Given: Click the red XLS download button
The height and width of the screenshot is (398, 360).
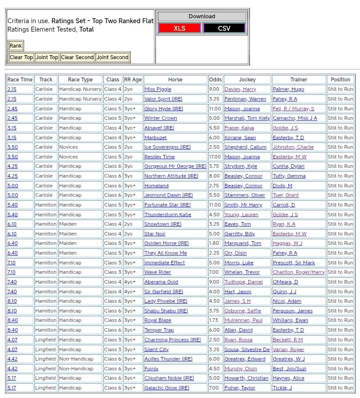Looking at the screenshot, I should click(179, 28).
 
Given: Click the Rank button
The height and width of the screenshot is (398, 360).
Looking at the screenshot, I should click(16, 45).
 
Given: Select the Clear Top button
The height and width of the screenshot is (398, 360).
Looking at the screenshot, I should click(21, 57).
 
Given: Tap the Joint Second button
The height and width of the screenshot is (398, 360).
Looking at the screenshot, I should click(113, 57).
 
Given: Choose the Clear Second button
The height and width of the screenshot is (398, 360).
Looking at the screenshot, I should click(77, 57).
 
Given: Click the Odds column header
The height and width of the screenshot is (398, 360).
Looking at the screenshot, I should click(215, 79).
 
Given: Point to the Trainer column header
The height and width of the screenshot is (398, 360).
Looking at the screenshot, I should click(299, 79).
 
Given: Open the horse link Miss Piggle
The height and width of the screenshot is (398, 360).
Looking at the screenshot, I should click(158, 89).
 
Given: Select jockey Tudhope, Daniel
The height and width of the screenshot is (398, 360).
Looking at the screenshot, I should click(243, 282).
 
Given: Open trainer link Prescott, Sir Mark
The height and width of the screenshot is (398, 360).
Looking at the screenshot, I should click(294, 263).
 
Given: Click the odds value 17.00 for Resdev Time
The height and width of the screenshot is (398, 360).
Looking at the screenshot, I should click(214, 157).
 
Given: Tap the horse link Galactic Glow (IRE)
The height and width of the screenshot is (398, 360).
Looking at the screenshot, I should click(167, 388).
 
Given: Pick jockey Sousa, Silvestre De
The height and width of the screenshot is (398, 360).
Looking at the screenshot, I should click(247, 349).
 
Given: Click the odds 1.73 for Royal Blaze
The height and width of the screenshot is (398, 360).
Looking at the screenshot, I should click(214, 320).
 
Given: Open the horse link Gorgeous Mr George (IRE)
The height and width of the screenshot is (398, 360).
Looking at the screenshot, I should click(175, 166).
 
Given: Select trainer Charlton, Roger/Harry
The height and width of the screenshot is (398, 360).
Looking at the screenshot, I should click(299, 272).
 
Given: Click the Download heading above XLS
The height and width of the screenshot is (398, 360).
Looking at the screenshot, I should click(202, 16).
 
